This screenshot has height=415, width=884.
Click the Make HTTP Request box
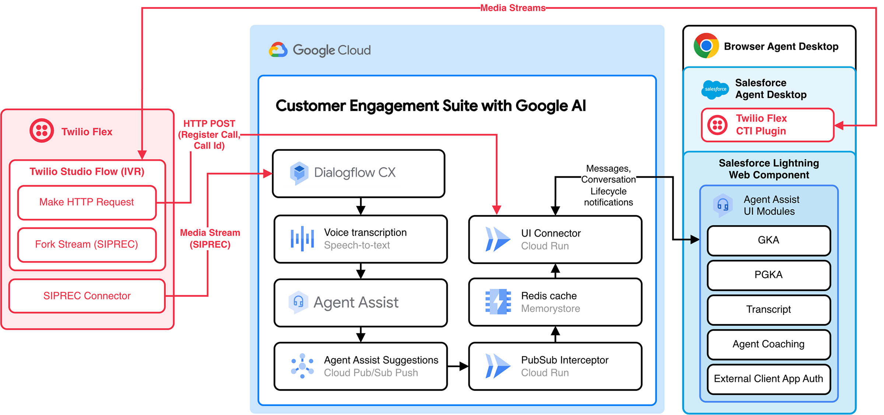click(87, 202)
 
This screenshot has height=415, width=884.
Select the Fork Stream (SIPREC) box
click(87, 245)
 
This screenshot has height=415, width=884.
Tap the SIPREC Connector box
click(87, 296)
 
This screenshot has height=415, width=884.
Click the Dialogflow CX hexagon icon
click(299, 173)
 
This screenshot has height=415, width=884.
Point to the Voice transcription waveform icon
click(302, 239)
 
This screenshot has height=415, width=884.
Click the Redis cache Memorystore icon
click(498, 302)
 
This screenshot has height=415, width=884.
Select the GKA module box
click(769, 240)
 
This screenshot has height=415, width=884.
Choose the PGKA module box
click(769, 275)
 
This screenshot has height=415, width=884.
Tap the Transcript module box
click(769, 309)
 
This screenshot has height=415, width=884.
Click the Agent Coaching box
click(769, 344)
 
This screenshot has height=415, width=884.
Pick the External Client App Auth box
click(769, 379)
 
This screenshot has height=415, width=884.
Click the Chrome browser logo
click(706, 46)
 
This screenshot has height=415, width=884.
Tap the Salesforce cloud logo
click(715, 89)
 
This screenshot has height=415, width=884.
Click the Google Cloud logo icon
click(278, 50)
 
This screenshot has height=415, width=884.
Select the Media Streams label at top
click(513, 8)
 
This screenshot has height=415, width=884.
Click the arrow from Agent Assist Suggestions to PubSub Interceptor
click(458, 366)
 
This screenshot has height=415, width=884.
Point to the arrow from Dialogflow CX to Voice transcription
click(361, 206)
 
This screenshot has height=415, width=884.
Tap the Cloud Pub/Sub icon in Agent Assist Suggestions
click(302, 366)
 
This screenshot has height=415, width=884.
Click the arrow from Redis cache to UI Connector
click(555, 271)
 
